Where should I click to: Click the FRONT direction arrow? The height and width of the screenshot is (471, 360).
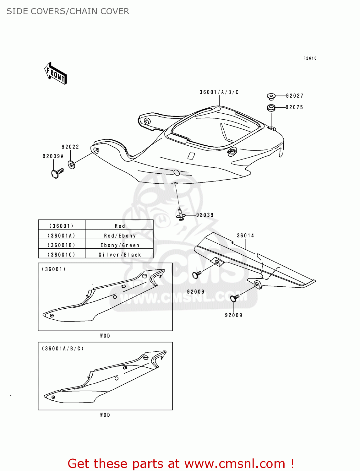[x=56, y=73]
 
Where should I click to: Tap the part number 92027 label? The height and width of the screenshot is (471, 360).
[x=294, y=96]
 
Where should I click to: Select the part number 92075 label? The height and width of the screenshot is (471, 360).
[x=294, y=107]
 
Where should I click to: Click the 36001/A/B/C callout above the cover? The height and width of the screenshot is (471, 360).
[x=219, y=92]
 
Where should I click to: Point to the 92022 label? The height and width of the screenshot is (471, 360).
[x=70, y=147]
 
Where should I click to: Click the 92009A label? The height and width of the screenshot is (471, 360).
[x=53, y=156]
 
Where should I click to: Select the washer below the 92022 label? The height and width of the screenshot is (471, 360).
[x=72, y=165]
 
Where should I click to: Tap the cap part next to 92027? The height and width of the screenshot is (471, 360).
[x=271, y=96]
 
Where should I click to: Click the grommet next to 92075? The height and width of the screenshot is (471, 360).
[x=271, y=108]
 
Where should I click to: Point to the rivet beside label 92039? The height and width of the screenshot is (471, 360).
[x=180, y=215]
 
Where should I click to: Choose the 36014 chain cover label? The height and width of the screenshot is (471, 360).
[x=245, y=235]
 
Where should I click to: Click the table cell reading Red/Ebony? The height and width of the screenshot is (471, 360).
[x=120, y=235]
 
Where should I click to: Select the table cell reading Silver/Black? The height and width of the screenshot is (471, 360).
[x=120, y=255]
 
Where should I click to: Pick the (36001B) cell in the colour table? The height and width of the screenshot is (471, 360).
[x=62, y=245]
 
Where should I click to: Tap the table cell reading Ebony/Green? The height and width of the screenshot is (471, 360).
[x=120, y=245]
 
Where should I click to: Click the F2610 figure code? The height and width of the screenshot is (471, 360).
[x=310, y=58]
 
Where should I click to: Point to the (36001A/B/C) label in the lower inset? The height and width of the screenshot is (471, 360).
[x=63, y=349]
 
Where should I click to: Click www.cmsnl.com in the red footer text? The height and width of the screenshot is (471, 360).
[x=234, y=463]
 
